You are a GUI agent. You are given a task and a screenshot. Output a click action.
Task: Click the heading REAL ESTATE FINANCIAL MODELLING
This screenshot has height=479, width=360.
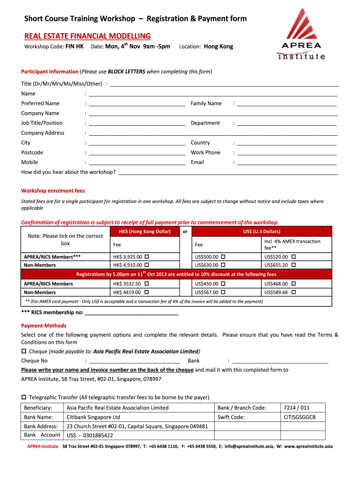click(x=87, y=36)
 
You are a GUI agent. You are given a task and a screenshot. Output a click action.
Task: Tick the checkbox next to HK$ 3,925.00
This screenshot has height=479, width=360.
click(x=147, y=257)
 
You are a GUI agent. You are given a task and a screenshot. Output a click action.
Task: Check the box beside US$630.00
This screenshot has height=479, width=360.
click(x=223, y=265)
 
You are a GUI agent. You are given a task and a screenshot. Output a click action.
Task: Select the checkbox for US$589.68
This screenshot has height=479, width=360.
click(x=293, y=292)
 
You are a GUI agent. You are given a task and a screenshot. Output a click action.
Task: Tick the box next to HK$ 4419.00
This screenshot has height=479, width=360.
click(x=147, y=292)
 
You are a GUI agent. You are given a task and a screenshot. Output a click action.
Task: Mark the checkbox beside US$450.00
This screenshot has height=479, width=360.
click(x=223, y=284)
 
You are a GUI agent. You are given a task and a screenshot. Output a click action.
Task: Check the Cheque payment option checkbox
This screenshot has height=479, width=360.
click(x=24, y=351)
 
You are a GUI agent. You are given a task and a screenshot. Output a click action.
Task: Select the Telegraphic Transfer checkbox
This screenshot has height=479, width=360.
click(x=24, y=397)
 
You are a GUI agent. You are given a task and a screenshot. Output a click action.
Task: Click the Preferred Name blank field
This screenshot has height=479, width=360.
click(x=137, y=104)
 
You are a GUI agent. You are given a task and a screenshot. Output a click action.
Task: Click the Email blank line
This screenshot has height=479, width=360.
click(x=287, y=163)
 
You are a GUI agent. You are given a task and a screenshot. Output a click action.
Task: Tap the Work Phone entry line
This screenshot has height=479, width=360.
click(x=287, y=153)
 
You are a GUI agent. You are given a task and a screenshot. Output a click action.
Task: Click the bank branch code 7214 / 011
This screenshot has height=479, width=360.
click(x=296, y=407)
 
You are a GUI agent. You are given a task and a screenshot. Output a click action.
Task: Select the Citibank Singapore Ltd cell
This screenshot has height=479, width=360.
click(x=94, y=417)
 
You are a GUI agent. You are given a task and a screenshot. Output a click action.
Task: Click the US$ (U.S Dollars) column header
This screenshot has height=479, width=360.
click(x=262, y=231)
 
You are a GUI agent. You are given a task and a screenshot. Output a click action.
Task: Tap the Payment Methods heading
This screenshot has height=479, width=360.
click(x=43, y=326)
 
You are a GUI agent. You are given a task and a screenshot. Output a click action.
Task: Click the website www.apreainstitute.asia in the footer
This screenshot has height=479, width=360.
click(x=308, y=446)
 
